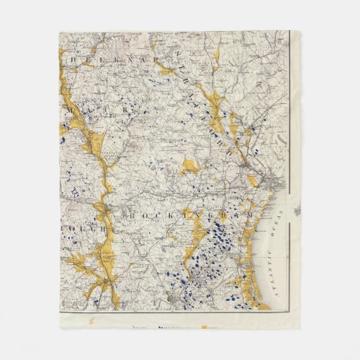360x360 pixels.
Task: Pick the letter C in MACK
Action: pos(113,111)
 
